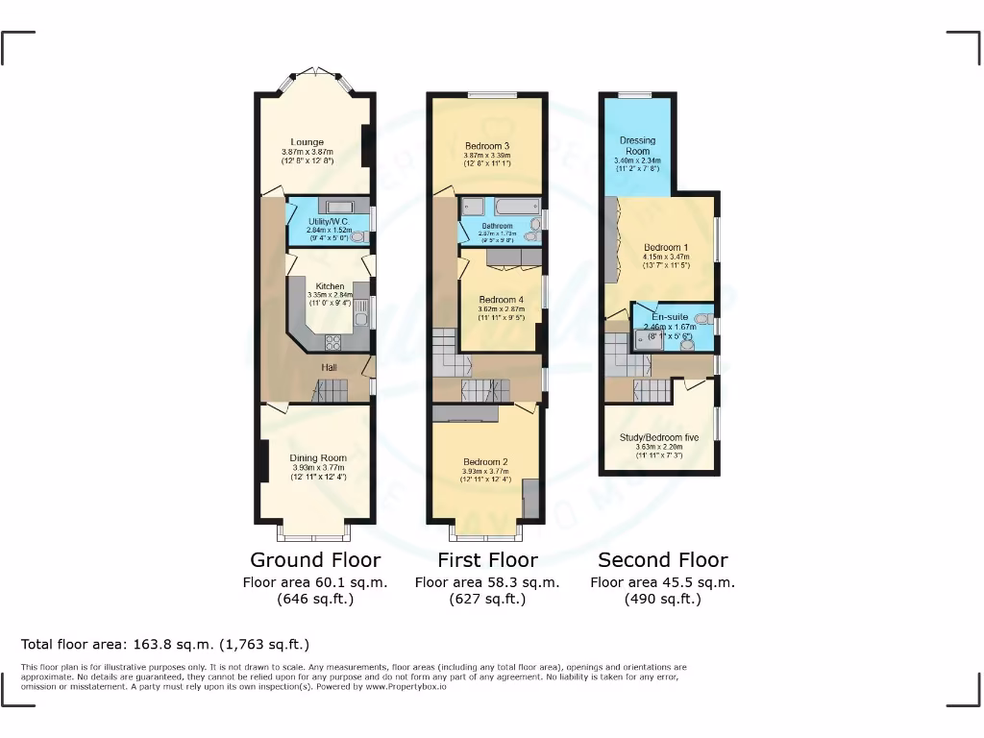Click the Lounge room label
pos(307,142)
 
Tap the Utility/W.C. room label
pos(330,221)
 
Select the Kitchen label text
pos(330,286)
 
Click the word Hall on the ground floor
pos(329,367)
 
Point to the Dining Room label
pos(318,458)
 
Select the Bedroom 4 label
pos(501,300)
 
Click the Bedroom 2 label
pos(484,462)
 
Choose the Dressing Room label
pos(637,145)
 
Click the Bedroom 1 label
pos(666,247)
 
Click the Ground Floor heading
pos(315,559)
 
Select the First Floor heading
pos(487,559)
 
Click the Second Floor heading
pos(662,559)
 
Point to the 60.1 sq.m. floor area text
pos(315,582)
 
